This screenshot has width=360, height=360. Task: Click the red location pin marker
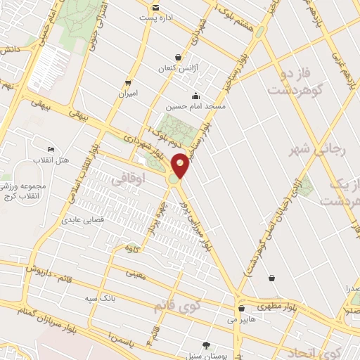(181, 165)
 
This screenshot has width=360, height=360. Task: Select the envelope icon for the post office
(155, 8)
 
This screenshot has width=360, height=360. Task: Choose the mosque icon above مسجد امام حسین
(195, 96)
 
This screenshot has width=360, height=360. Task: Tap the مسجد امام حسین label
(195, 108)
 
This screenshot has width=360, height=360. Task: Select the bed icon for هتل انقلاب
(50, 150)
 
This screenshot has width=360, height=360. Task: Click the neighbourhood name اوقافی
(127, 179)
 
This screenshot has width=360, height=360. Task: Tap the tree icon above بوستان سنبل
(206, 345)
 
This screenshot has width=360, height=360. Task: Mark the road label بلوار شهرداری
(147, 146)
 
